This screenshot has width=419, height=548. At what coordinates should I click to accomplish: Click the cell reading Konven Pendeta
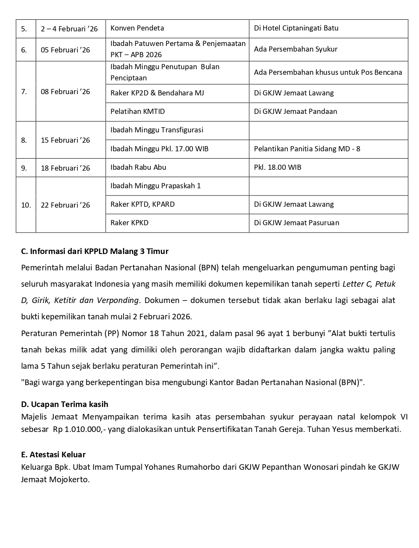[137, 28]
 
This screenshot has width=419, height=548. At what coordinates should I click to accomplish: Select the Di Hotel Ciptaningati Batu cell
[296, 28]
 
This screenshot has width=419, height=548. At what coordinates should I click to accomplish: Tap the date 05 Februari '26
[65, 50]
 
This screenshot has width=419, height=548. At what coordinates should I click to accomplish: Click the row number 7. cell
[24, 92]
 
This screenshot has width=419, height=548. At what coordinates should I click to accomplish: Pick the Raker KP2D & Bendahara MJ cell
[157, 93]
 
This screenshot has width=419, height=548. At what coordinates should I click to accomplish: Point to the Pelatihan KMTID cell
[138, 111]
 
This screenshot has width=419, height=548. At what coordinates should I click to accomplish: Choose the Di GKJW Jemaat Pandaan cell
[295, 111]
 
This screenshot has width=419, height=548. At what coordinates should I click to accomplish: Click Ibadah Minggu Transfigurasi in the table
[156, 130]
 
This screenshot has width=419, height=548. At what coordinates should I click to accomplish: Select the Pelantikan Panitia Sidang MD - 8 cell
[307, 149]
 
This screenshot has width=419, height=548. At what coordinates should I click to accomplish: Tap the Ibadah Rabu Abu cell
[138, 167]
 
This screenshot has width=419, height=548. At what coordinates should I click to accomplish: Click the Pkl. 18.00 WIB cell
[277, 167]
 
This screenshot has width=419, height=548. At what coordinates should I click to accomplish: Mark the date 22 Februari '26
[65, 205]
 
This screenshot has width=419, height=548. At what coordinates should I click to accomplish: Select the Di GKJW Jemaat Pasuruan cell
[296, 223]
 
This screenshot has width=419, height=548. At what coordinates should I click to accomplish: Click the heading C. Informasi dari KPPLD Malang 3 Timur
[95, 251]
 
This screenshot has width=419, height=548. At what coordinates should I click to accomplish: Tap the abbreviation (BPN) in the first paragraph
[208, 268]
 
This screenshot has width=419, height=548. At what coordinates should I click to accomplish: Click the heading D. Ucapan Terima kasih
[64, 404]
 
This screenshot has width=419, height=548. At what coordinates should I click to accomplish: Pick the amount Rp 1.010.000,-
[78, 429]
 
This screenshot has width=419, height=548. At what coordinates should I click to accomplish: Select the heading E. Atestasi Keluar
[53, 455]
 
